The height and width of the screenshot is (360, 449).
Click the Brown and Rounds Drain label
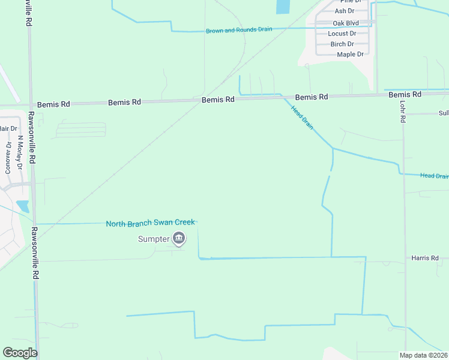pos(239,30)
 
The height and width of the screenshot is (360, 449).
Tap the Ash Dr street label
pos(344,11)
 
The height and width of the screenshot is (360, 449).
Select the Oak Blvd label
pos(345,23)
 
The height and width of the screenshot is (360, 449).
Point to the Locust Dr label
pos(342,34)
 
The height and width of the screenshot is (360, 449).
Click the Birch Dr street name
pos(342,44)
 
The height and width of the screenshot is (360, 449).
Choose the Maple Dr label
pos(350,55)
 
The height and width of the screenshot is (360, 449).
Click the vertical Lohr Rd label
pos(403,111)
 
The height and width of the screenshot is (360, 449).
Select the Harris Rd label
pos(425,258)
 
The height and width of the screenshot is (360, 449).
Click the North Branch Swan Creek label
pos(150,223)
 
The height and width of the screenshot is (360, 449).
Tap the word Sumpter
pos(154,239)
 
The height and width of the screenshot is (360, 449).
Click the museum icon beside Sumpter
pos(179,239)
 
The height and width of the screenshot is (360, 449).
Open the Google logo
pos(20,353)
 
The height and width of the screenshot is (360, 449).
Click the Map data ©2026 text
pos(423,355)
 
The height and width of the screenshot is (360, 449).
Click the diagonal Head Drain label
pos(302,117)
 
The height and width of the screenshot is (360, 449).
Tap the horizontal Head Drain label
pos(433,176)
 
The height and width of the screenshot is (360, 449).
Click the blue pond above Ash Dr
pos(282,7)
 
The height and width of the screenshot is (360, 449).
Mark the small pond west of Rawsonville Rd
pos(23,206)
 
